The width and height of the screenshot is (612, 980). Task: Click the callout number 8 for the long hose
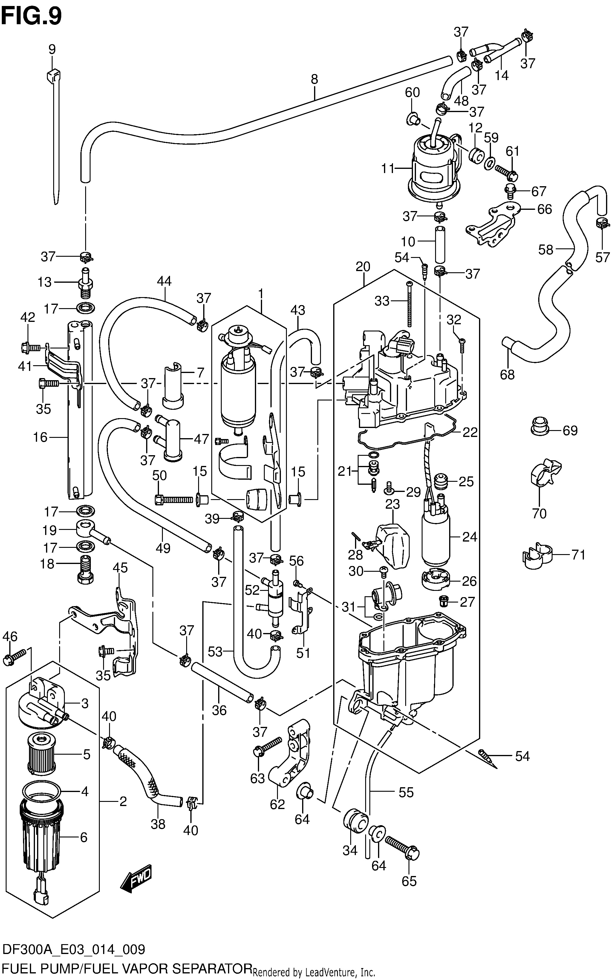(x=314, y=79)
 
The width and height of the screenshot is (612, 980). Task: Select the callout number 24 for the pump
(x=469, y=537)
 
